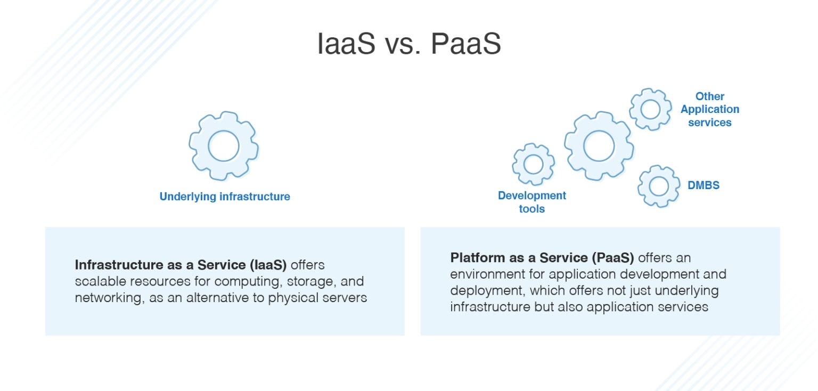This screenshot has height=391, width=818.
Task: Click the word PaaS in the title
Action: [x=465, y=44]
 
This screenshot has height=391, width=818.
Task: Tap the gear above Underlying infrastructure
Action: [x=224, y=145]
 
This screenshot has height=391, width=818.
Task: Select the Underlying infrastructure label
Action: [x=225, y=197]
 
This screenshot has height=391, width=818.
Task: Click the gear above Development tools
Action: [x=533, y=165]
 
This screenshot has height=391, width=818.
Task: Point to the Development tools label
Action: [x=532, y=202]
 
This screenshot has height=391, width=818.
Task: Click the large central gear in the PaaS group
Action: [x=599, y=145]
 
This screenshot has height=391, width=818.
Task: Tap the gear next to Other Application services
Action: [x=650, y=109]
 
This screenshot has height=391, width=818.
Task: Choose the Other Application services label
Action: [x=710, y=109]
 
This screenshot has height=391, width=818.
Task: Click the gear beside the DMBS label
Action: [x=659, y=186]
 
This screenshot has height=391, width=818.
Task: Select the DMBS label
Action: [x=704, y=185]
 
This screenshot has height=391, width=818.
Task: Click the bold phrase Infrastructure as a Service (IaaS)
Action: [x=181, y=265]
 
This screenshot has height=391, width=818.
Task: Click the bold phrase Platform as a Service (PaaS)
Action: [x=542, y=258]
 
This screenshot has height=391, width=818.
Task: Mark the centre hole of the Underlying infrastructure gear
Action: [x=224, y=145]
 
